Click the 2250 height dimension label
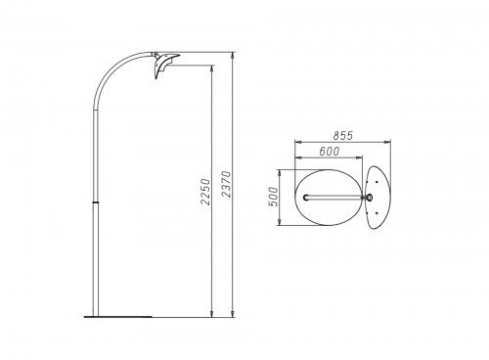(205, 192)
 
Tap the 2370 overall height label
(226, 184)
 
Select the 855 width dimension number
(342, 135)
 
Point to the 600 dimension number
(329, 152)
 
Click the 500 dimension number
(274, 197)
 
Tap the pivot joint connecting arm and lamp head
(156, 55)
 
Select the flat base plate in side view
(117, 316)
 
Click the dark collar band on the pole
(96, 202)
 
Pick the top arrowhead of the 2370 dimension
(233, 56)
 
